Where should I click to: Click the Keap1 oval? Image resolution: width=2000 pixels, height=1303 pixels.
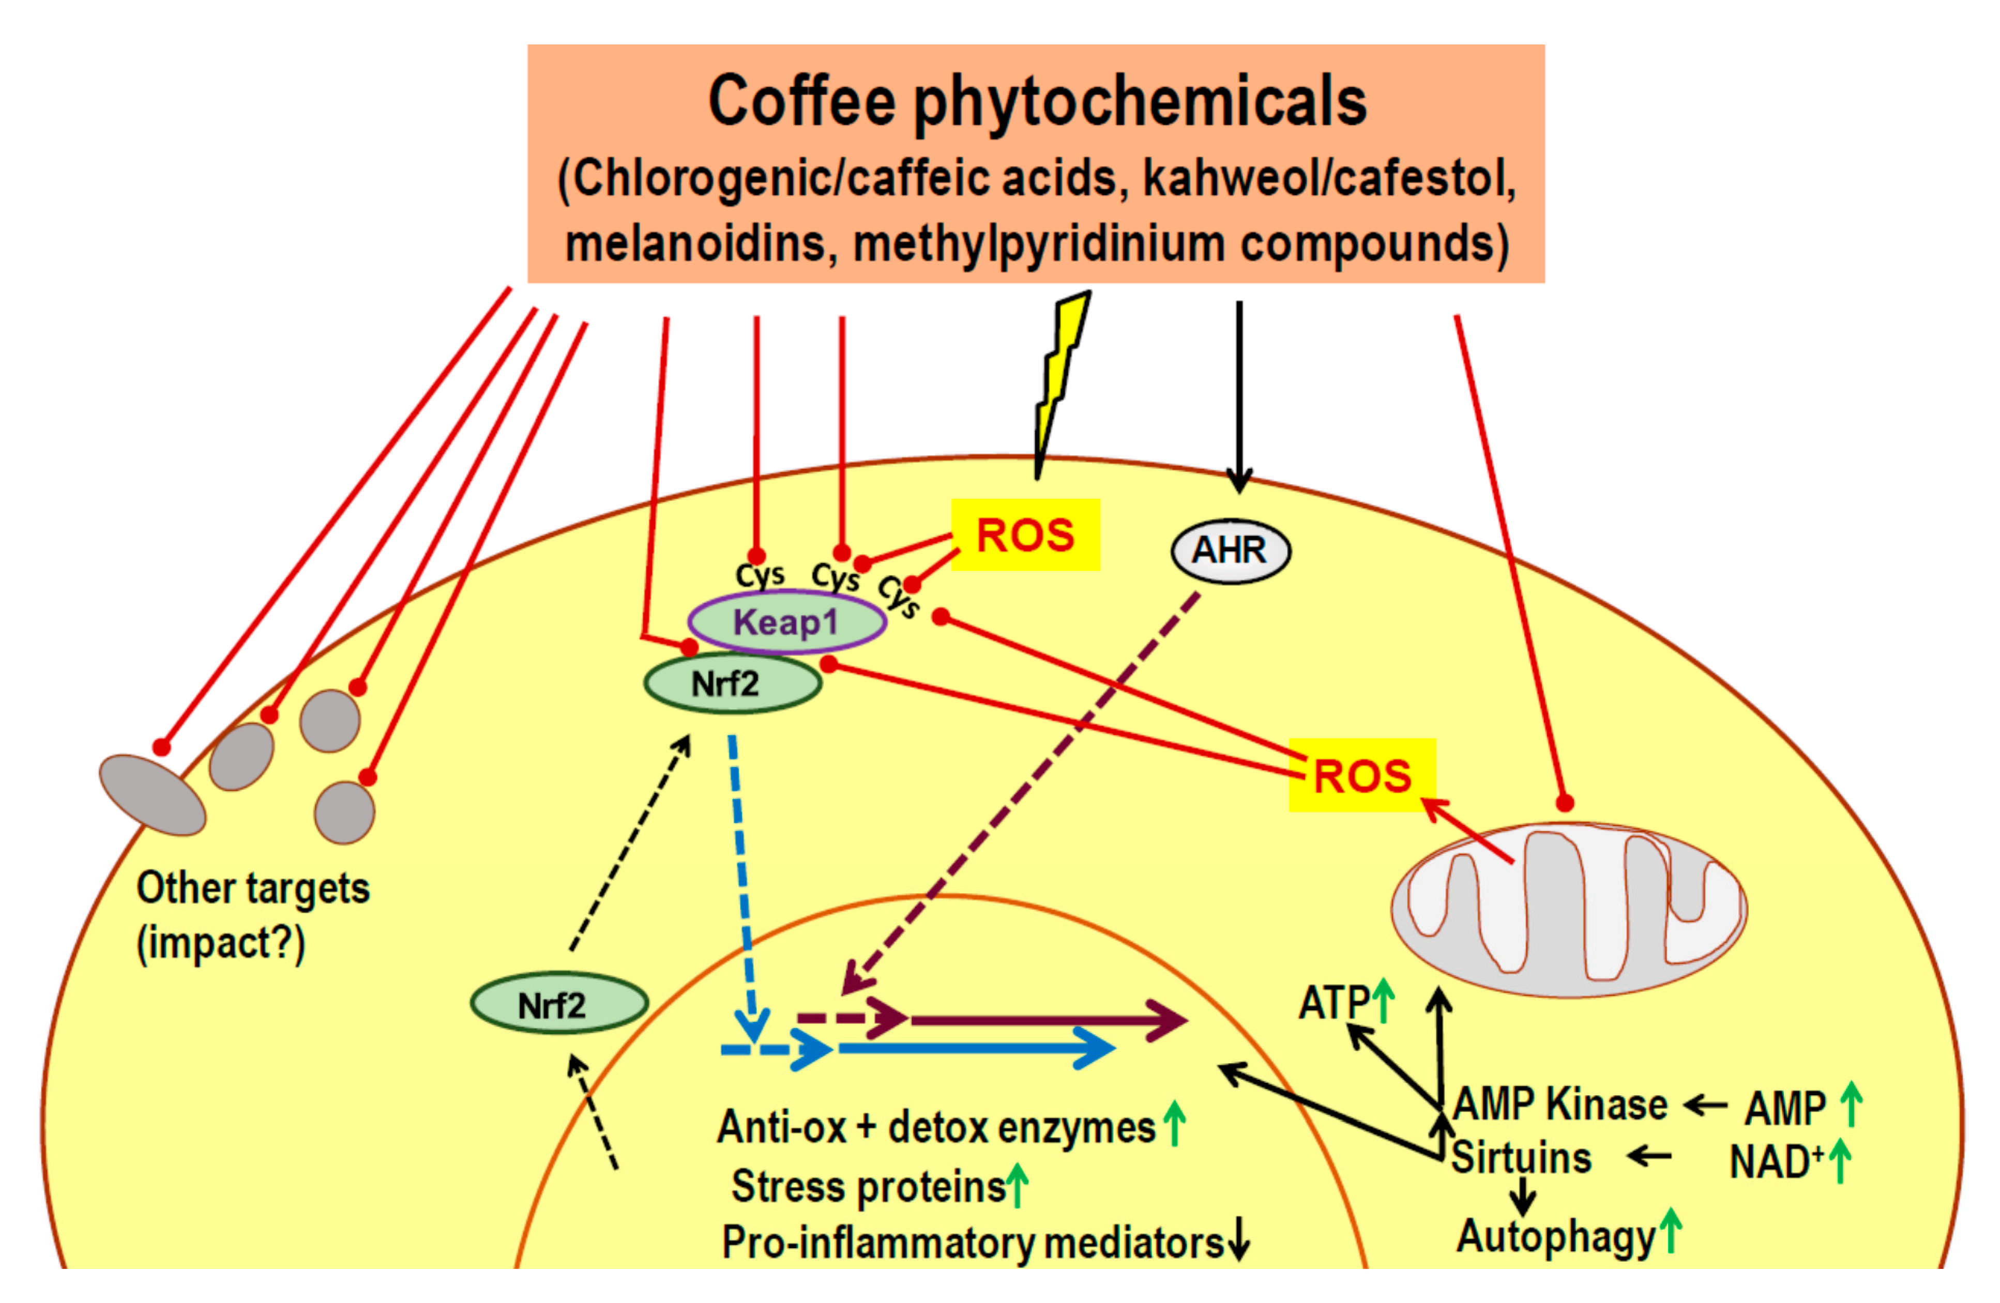tap(786, 622)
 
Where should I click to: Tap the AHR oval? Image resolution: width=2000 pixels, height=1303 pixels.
tap(1230, 550)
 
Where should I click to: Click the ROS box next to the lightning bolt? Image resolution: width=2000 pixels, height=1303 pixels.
tap(1025, 535)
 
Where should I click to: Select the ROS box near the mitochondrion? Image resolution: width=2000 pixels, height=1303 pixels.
tap(1361, 775)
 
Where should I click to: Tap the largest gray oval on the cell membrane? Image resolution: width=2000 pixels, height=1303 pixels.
tap(152, 794)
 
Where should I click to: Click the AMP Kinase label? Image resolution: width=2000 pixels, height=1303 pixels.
tap(1559, 1104)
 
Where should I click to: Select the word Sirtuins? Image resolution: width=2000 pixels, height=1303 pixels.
tap(1521, 1158)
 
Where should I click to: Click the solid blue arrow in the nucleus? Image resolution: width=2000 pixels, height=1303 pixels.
tap(975, 1048)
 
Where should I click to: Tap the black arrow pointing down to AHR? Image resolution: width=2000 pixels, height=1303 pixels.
tap(1239, 395)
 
